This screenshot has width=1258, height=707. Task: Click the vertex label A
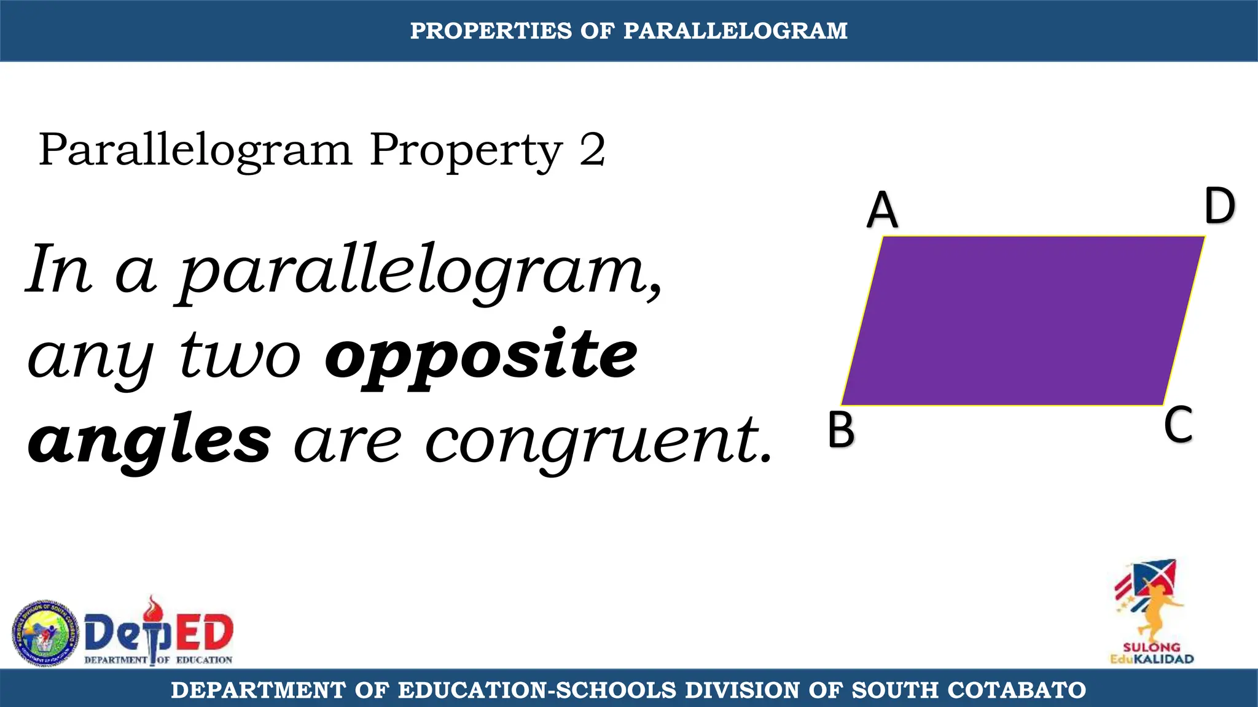[882, 210]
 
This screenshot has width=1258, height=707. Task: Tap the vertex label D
[1219, 206]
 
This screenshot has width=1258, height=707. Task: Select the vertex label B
[841, 430]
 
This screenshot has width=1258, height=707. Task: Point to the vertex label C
[1178, 425]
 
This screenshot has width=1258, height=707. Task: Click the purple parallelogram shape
[1023, 320]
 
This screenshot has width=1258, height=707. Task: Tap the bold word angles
[149, 441]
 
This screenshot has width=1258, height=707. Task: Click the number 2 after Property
[592, 150]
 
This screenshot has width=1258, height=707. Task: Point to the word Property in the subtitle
[466, 151]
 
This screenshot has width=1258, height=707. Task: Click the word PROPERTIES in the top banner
[491, 31]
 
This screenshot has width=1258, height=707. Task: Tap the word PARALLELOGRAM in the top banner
[735, 31]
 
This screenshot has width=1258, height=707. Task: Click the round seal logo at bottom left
[45, 633]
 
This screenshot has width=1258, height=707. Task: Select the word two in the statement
[240, 357]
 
